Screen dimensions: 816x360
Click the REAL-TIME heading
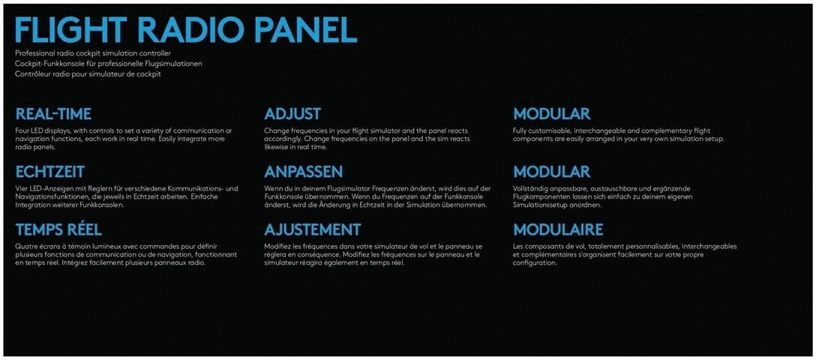[53, 114]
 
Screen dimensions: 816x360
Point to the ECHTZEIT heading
[50, 172]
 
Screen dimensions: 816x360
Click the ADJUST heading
[292, 114]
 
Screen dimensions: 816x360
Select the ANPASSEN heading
[304, 172]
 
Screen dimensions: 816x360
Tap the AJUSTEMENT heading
[312, 229]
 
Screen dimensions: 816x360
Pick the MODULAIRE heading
[559, 229]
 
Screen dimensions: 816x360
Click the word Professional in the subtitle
[32, 53]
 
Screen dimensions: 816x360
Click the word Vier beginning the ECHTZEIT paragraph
[21, 188]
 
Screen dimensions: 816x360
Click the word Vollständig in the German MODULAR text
[529, 188]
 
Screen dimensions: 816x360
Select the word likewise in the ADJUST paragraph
[276, 147]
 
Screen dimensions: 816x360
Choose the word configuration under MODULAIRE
[535, 263]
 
